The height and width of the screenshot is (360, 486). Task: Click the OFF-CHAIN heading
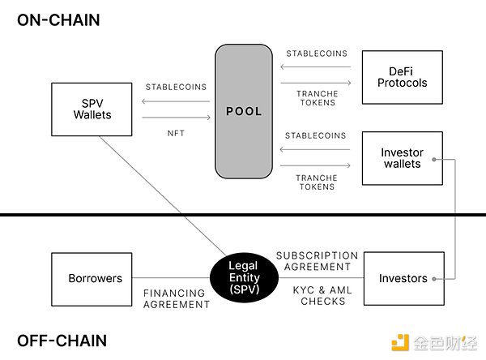click(x=62, y=340)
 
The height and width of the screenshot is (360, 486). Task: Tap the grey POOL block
click(x=244, y=111)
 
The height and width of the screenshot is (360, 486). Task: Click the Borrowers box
click(x=95, y=278)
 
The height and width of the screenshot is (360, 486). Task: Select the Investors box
click(x=403, y=278)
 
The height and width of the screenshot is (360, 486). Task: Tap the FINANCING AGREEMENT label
click(x=177, y=298)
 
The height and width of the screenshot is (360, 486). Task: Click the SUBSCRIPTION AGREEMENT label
click(x=317, y=260)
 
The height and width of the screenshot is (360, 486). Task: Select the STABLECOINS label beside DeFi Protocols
click(x=317, y=54)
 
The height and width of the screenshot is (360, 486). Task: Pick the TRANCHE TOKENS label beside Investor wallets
click(x=317, y=182)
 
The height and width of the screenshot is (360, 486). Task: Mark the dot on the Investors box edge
click(x=435, y=278)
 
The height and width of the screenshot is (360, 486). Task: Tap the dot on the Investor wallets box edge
click(x=435, y=159)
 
